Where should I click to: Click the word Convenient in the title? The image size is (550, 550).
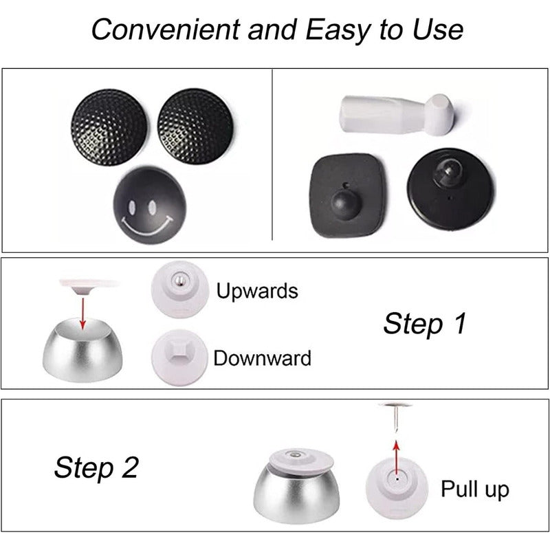click(x=166, y=30)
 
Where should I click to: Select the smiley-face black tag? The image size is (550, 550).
click(x=149, y=206)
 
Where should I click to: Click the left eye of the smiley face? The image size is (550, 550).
click(x=132, y=208)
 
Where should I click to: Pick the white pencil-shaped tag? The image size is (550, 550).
click(x=398, y=114)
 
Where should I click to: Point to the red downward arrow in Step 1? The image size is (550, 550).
click(x=82, y=313)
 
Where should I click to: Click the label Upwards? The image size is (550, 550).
click(x=257, y=291)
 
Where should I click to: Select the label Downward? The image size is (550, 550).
click(x=263, y=358)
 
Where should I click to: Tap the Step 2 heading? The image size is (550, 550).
click(x=96, y=468)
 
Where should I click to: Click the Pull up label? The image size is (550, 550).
click(x=475, y=489)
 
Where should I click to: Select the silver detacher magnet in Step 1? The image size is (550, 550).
click(x=82, y=350)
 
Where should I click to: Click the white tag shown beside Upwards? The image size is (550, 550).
click(x=179, y=289)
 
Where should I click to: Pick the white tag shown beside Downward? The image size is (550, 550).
click(x=179, y=357)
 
